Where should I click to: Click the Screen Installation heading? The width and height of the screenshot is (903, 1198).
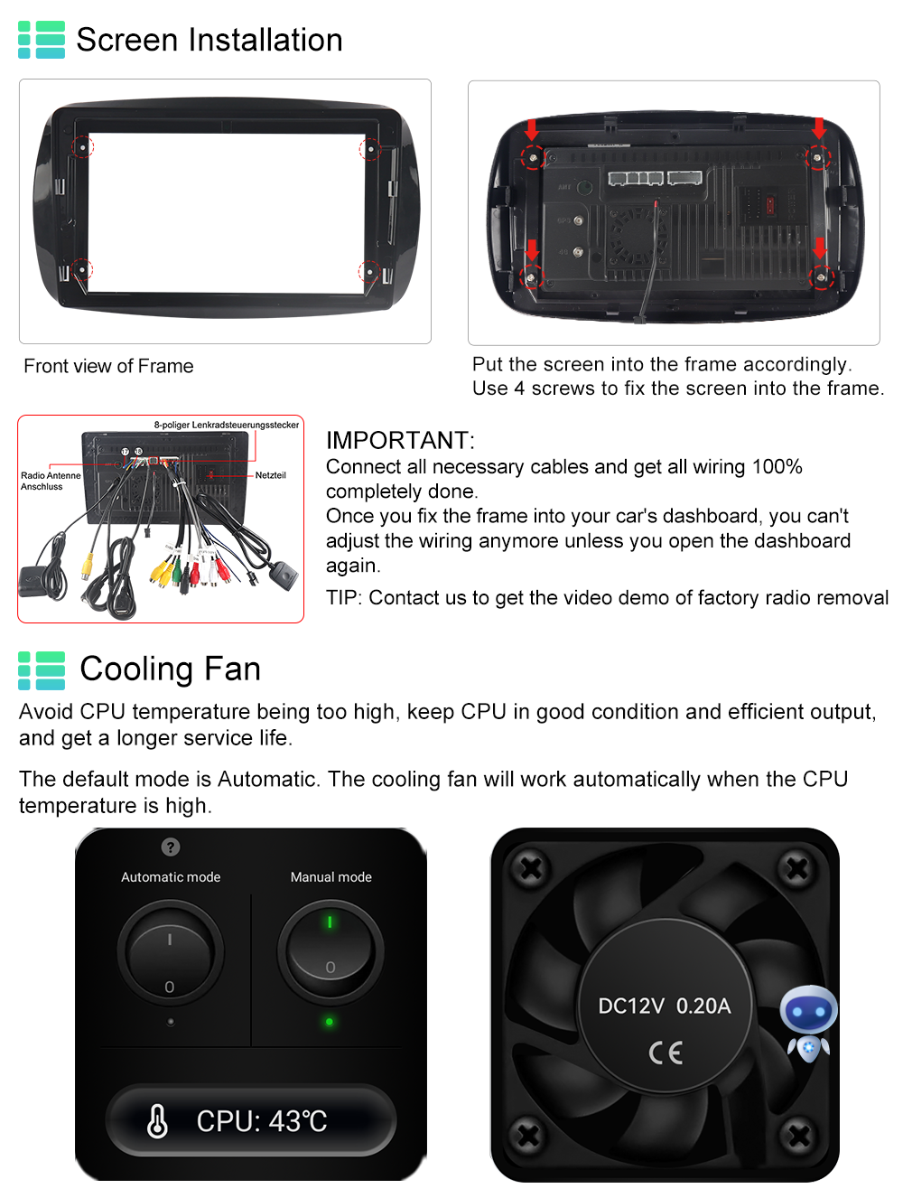209,40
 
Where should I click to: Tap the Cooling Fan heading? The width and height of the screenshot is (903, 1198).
170,669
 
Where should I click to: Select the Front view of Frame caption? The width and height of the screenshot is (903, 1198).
108,366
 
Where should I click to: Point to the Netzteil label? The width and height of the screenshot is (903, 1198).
271,475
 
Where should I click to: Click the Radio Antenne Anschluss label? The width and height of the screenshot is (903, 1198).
51,481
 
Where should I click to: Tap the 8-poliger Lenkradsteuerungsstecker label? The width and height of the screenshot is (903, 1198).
227,425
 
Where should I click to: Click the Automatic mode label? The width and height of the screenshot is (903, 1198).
171,876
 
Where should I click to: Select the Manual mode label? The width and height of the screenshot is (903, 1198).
331,876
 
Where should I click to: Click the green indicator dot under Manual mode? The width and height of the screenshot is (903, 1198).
330,1021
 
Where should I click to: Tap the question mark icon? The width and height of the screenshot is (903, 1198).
171,847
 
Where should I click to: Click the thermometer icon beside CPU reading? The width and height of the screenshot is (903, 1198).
157,1121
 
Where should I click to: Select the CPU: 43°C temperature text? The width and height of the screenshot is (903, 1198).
262,1121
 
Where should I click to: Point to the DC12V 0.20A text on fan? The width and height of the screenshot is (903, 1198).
665,1006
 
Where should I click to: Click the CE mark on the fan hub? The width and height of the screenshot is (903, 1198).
666,1053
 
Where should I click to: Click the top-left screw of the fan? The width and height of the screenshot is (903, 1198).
530,867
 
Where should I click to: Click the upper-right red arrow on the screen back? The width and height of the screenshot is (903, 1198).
818,128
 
